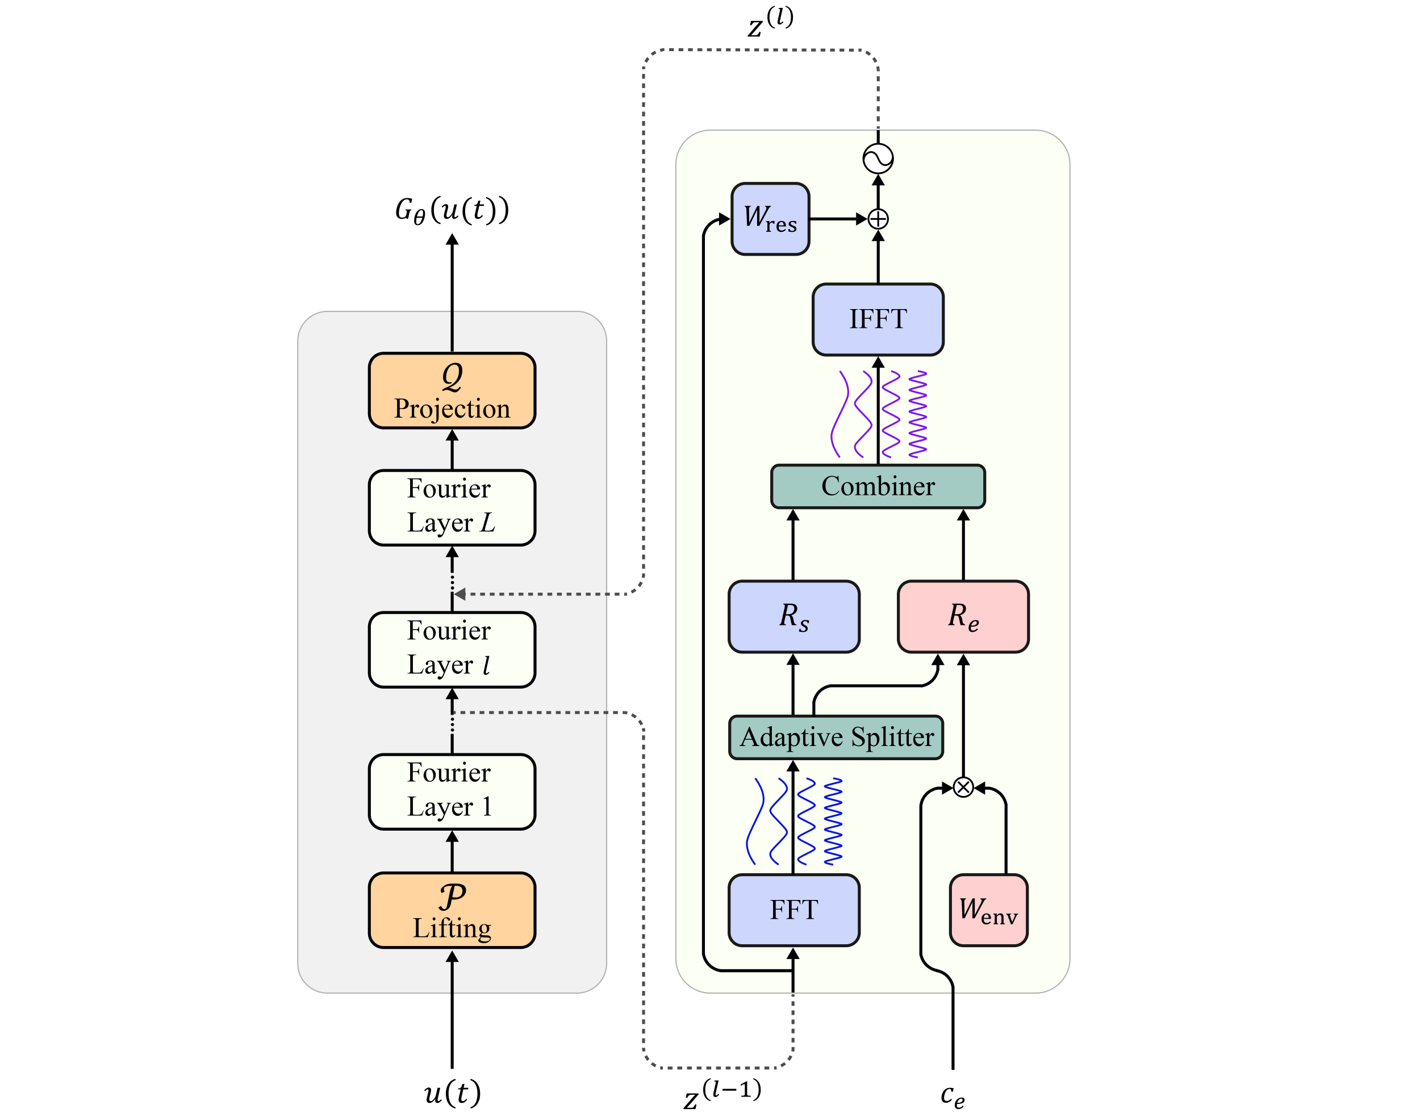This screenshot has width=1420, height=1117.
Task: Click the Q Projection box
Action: (x=452, y=391)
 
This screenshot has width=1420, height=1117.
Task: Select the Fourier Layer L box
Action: (x=452, y=507)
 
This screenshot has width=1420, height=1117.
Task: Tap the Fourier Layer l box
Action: (x=452, y=649)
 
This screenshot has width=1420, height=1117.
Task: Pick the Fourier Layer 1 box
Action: (x=452, y=791)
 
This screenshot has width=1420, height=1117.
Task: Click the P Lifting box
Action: (x=452, y=910)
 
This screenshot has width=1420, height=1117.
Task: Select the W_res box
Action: (x=770, y=218)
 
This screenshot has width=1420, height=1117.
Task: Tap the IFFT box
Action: (x=878, y=319)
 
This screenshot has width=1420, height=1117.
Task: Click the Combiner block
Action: (x=878, y=486)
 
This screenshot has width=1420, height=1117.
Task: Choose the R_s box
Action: (x=793, y=616)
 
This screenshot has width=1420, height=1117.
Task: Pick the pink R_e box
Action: (x=963, y=616)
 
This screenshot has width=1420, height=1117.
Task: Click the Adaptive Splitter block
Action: (x=836, y=737)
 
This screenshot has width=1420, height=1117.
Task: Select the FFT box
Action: (x=793, y=910)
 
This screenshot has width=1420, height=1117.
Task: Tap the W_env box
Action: (x=988, y=910)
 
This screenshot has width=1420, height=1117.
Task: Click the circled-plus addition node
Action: (x=878, y=219)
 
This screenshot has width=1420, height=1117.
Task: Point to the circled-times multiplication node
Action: (x=963, y=787)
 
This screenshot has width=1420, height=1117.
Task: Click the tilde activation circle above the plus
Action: (x=878, y=159)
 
